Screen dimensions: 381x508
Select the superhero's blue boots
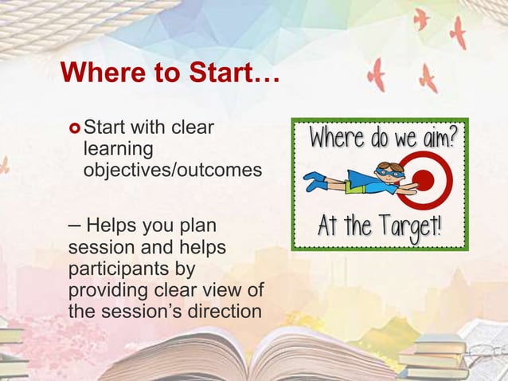coord(316,182)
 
